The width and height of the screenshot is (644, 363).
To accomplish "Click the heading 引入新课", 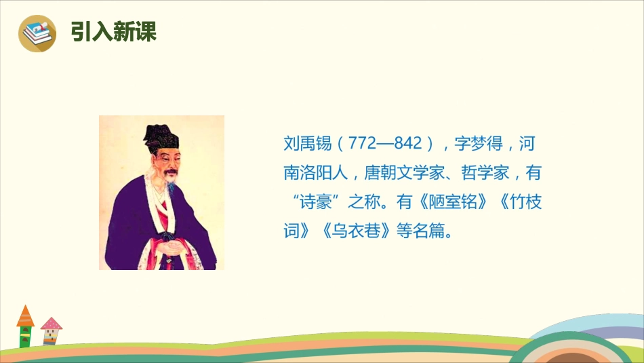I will [113, 33].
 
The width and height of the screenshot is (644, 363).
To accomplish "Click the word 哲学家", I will [484, 174].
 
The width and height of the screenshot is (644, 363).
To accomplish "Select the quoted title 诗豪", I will [319, 203].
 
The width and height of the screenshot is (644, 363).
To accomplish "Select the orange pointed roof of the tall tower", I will [25, 316].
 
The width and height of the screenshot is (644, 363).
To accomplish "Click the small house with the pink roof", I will [51, 332].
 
